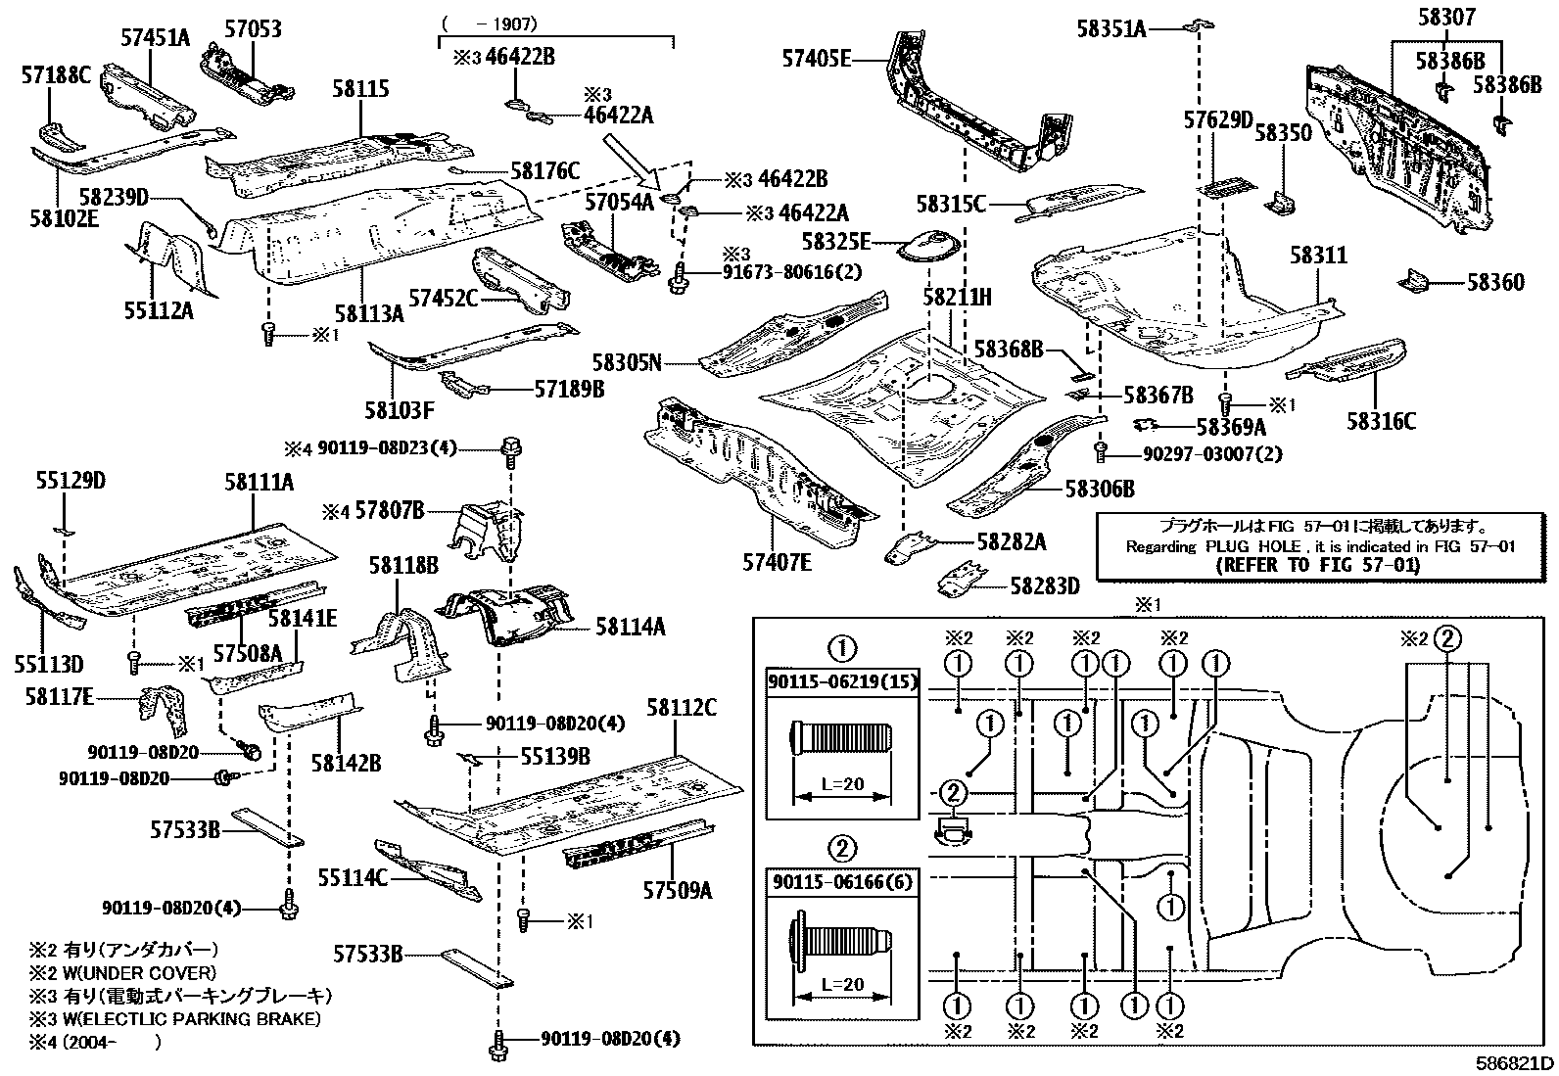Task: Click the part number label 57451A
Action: [155, 38]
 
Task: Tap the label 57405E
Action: [816, 59]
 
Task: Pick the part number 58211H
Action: [957, 295]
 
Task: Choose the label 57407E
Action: [777, 561]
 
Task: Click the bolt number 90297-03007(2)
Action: [1211, 454]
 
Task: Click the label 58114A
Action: [630, 626]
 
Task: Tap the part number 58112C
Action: [681, 708]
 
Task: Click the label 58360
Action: [1495, 283]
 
